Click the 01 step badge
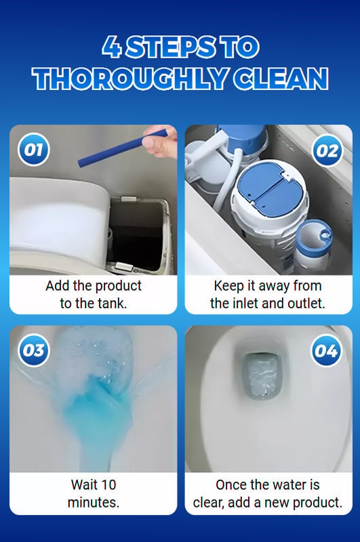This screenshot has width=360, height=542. point(33,150)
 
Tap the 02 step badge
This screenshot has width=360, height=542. point(327,151)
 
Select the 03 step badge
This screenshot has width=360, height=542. point(33,350)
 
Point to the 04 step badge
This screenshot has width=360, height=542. point(327,351)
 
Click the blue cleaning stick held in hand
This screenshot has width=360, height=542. point(123,148)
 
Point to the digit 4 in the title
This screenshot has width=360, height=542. point(111,47)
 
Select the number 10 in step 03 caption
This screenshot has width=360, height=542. point(108,484)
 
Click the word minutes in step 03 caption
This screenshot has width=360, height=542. point(94,502)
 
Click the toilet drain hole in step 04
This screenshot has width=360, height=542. point(262,376)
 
